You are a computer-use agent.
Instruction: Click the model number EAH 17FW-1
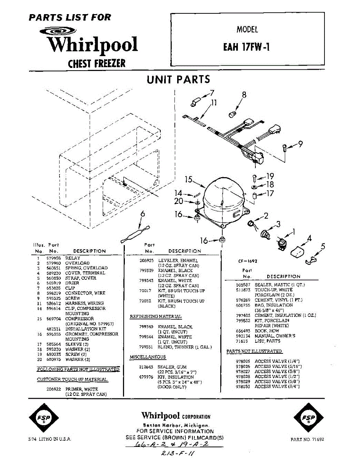(247, 47)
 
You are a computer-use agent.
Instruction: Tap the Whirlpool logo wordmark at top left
(92, 45)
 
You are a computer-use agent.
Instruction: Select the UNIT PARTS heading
(178, 79)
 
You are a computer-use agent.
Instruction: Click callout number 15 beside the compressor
(188, 179)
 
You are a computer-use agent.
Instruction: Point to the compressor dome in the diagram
(223, 198)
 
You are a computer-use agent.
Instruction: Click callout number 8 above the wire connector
(244, 95)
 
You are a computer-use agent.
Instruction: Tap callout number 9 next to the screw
(300, 144)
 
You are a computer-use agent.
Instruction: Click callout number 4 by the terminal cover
(309, 239)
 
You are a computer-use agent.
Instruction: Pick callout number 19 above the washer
(270, 176)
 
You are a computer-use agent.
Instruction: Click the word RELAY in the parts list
(73, 258)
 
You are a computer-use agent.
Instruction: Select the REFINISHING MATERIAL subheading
(156, 317)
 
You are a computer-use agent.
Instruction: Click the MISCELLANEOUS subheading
(148, 357)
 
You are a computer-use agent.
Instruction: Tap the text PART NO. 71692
(307, 439)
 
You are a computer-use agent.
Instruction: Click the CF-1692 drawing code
(248, 261)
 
